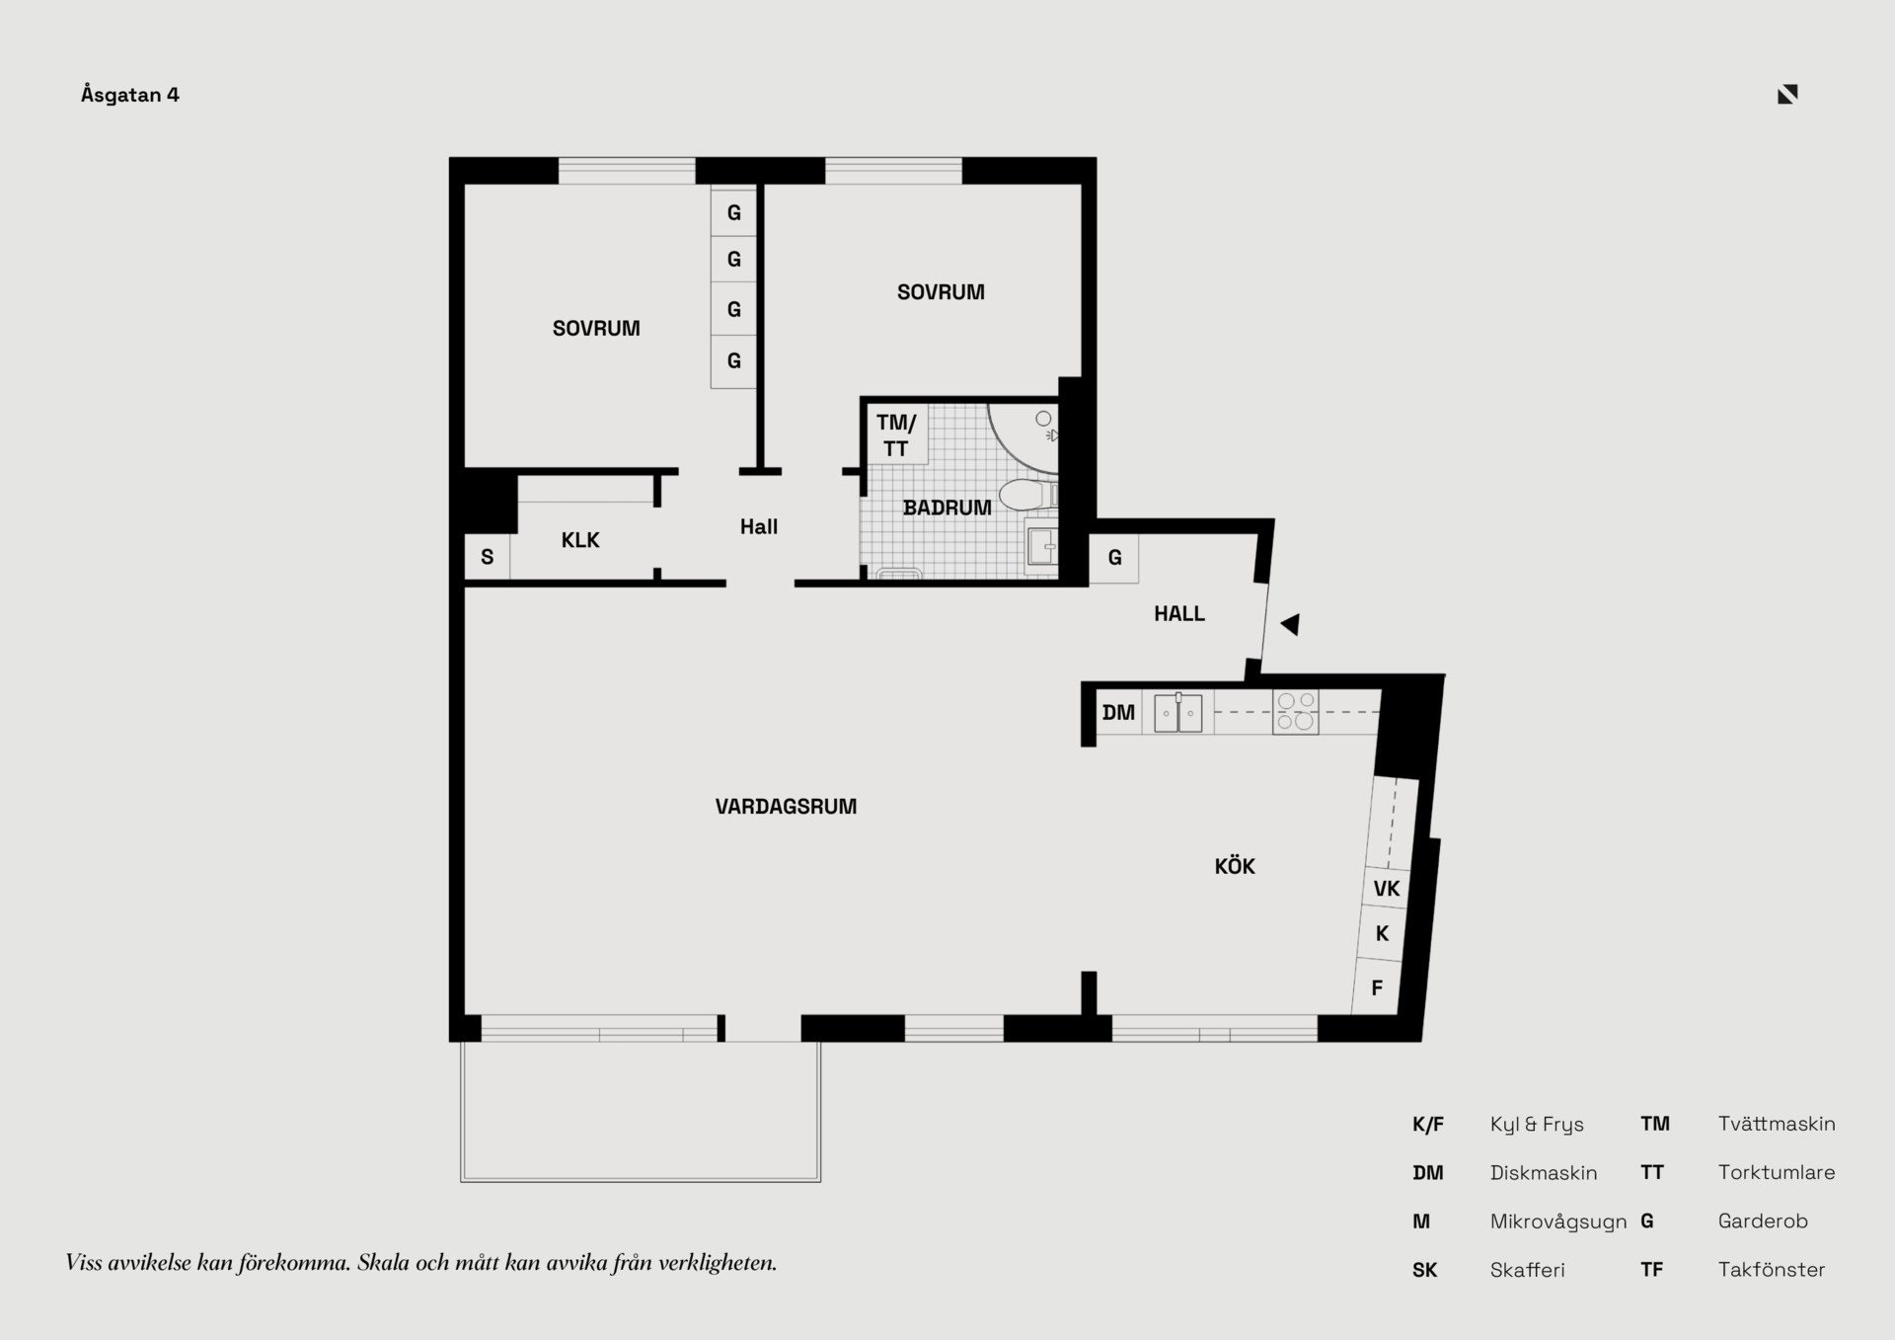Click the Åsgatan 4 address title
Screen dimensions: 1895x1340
[x=130, y=95]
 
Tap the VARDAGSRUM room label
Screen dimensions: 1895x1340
[x=786, y=807]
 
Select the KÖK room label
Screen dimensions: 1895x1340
[x=1235, y=866]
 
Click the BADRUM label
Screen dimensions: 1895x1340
[x=947, y=508]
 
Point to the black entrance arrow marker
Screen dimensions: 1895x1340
[x=1290, y=624]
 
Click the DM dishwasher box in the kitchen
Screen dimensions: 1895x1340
[x=1119, y=712]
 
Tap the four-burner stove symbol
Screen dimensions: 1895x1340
[x=1296, y=712]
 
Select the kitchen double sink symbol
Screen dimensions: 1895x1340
[x=1178, y=712]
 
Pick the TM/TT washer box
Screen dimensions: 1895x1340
[x=896, y=434]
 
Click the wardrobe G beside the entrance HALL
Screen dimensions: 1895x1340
[x=1114, y=558]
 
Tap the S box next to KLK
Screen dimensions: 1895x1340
[x=488, y=557]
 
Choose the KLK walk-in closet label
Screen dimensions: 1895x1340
[x=580, y=540]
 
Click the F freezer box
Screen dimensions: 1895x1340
[x=1377, y=987]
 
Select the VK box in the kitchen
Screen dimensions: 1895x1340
[x=1387, y=889]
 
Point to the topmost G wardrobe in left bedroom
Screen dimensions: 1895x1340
[x=733, y=212]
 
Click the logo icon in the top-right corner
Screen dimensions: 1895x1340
[x=1787, y=94]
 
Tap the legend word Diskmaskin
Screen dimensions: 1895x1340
[x=1544, y=1173]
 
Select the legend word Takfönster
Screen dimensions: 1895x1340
[x=1772, y=1270]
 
